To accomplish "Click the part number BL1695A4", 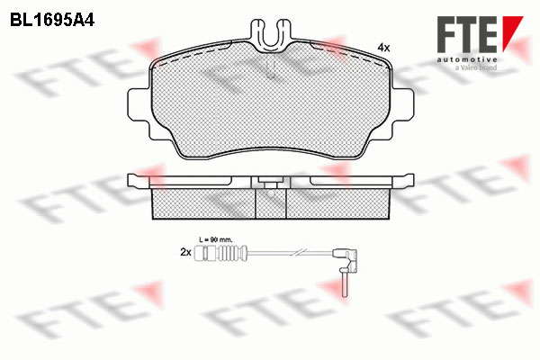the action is (52, 21).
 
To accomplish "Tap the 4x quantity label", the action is (383, 48).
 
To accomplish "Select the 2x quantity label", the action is (185, 253).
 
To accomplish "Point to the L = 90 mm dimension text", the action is (216, 239).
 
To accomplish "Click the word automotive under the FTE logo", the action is (467, 60).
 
